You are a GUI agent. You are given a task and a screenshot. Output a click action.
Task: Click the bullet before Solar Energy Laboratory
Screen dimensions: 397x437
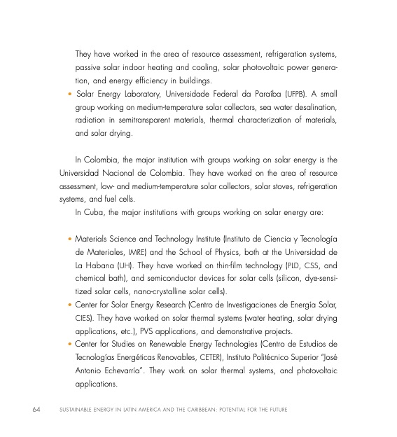[x=69, y=93]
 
